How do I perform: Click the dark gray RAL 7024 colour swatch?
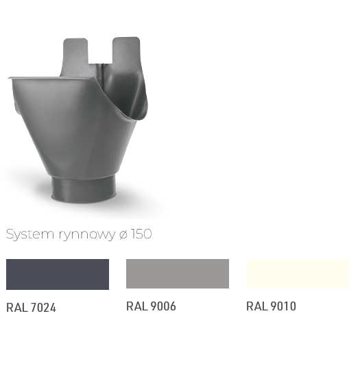[58, 274]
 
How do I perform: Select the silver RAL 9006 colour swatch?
[178, 273]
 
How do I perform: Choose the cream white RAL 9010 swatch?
[298, 273]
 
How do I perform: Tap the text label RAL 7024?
[31, 308]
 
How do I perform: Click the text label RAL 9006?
[151, 306]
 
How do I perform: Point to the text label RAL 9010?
[271, 306]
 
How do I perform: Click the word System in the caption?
[30, 234]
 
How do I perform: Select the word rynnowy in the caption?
[87, 235]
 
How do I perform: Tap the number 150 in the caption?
[141, 234]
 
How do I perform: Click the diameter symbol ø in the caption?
[123, 235]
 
